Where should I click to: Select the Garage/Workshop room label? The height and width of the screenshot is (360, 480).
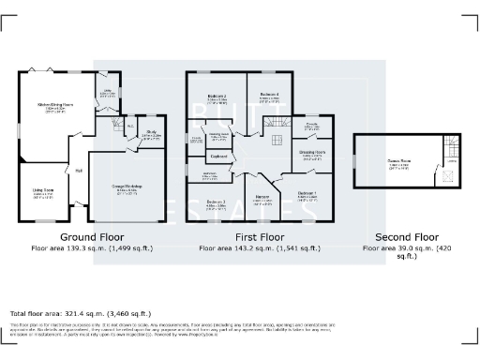click(x=126, y=187)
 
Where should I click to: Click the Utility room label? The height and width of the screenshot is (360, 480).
click(x=107, y=90)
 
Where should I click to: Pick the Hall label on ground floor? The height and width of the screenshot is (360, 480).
click(x=79, y=171)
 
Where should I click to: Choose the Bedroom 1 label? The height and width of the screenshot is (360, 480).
click(x=307, y=193)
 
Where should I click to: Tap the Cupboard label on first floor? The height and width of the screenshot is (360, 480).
click(x=220, y=156)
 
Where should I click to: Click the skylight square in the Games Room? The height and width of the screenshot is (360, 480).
click(x=432, y=176)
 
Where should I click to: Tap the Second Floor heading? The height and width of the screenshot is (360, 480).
click(x=406, y=236)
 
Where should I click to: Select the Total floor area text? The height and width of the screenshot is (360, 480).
click(x=80, y=311)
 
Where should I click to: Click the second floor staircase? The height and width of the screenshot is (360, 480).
click(x=450, y=150)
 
